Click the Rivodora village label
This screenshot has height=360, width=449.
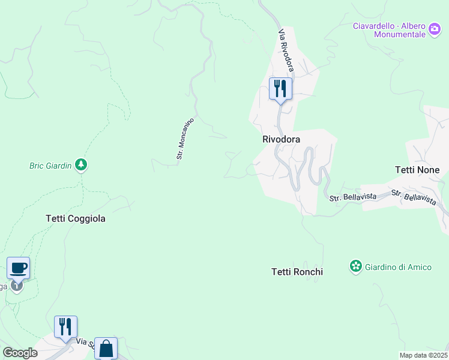pyautogui.click(x=281, y=139)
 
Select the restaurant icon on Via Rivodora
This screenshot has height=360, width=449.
pyautogui.click(x=280, y=89)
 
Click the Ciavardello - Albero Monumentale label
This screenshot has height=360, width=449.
pyautogui.click(x=389, y=30)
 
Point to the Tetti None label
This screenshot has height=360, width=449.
pyautogui.click(x=417, y=170)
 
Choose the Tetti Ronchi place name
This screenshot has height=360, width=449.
pyautogui.click(x=297, y=272)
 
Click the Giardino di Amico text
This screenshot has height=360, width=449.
pyautogui.click(x=398, y=266)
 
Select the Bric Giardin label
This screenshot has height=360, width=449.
pyautogui.click(x=50, y=166)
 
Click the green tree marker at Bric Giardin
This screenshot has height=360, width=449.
pyautogui.click(x=82, y=165)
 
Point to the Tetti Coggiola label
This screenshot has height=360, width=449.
pyautogui.click(x=76, y=218)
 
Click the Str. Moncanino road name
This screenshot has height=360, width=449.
pyautogui.click(x=185, y=138)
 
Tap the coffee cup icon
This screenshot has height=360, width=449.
pyautogui.click(x=18, y=268)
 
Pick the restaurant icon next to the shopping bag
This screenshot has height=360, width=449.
pyautogui.click(x=65, y=327)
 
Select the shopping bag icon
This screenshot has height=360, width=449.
pyautogui.click(x=106, y=348)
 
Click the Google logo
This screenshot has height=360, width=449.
pyautogui.click(x=20, y=353)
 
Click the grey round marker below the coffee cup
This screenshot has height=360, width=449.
pyautogui.click(x=17, y=286)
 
